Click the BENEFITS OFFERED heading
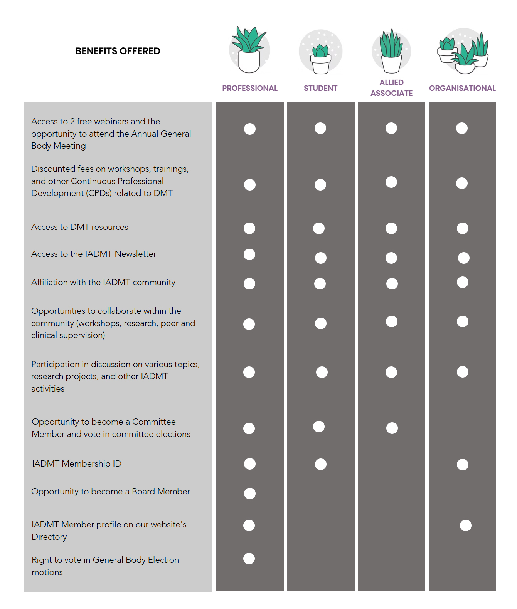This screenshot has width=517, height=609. (118, 51)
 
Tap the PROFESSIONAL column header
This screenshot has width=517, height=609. (250, 88)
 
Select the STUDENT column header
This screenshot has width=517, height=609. (320, 88)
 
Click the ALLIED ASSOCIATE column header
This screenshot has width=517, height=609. (391, 88)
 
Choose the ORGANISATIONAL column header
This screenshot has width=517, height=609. (462, 88)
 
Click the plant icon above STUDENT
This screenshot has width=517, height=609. (321, 52)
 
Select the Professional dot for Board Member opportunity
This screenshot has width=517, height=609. (250, 494)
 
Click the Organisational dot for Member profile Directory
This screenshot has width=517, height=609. (466, 525)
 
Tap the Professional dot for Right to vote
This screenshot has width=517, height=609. (249, 559)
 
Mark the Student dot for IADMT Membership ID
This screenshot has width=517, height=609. (321, 464)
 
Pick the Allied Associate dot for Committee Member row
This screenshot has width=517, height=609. (392, 428)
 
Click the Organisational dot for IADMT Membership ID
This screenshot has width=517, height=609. (463, 465)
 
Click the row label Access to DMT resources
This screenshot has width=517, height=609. (80, 227)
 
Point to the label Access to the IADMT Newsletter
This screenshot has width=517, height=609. (94, 254)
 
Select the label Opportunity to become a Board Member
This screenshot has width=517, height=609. (111, 492)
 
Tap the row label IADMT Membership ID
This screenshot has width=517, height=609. (77, 464)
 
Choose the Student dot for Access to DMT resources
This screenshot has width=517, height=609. (319, 228)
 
